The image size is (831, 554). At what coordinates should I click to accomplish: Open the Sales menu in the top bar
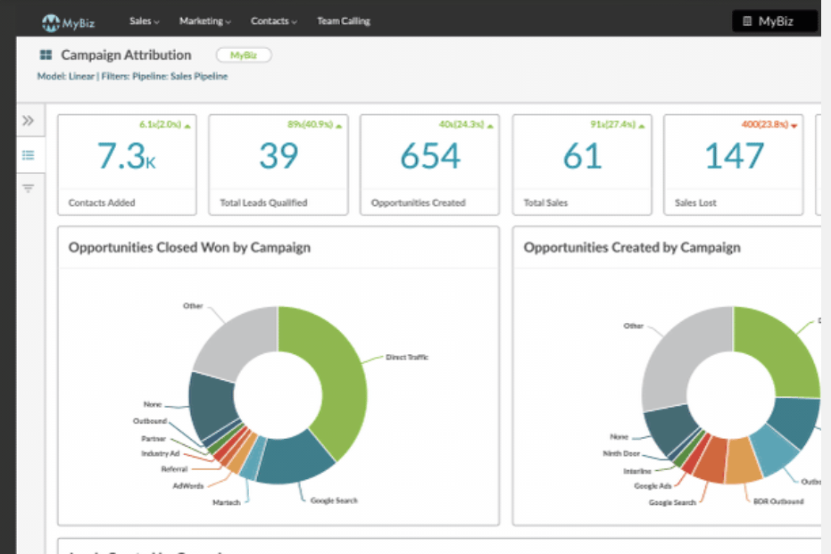(144, 21)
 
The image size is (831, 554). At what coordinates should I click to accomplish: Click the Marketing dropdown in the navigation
(204, 21)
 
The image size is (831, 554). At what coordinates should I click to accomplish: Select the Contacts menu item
(273, 21)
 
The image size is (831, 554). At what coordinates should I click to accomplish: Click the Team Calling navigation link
(343, 21)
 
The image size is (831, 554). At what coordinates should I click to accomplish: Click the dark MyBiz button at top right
(774, 21)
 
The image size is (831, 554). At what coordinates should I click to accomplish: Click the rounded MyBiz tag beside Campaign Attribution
(244, 55)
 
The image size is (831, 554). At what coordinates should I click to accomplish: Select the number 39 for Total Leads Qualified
(278, 157)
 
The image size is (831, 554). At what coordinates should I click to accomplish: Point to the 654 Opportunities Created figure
(430, 157)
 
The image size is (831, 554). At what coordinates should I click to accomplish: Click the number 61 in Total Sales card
(582, 157)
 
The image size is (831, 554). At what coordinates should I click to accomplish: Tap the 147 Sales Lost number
(734, 157)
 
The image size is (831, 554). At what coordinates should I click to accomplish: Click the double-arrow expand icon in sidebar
(29, 120)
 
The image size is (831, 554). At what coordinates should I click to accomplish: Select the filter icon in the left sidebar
(29, 188)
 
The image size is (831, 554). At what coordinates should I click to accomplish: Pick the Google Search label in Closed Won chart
(334, 500)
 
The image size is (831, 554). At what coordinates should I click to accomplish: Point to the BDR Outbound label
(773, 501)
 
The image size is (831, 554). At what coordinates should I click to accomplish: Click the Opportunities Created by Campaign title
(631, 247)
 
